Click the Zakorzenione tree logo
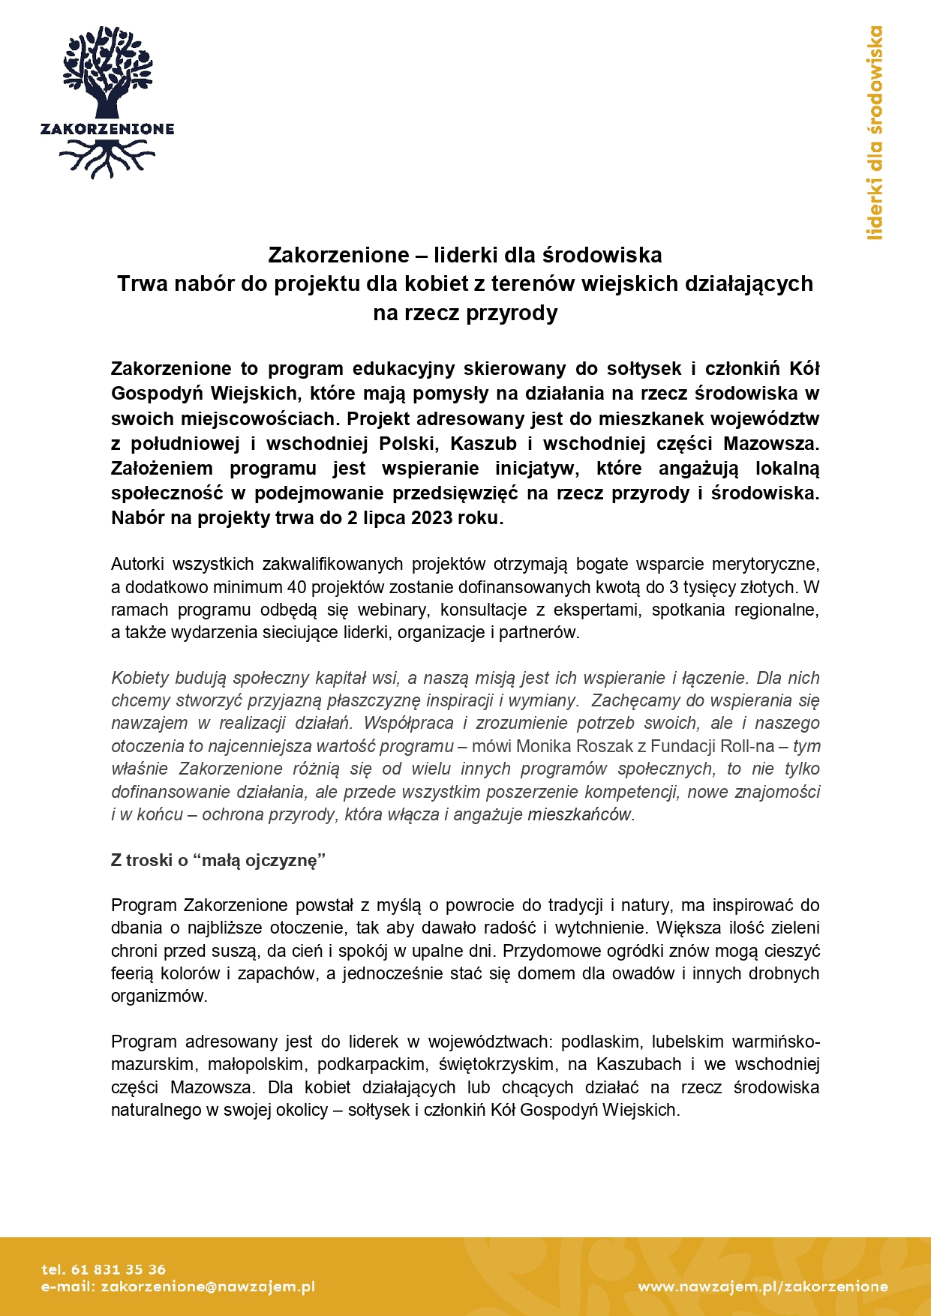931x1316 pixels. click(x=107, y=102)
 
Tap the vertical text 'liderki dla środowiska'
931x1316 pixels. click(x=875, y=133)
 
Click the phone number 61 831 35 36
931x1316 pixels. click(x=118, y=1270)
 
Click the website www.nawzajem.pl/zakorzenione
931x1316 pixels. click(x=762, y=1287)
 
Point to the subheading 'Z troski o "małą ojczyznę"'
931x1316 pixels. click(x=218, y=860)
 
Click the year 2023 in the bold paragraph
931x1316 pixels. click(x=431, y=518)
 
